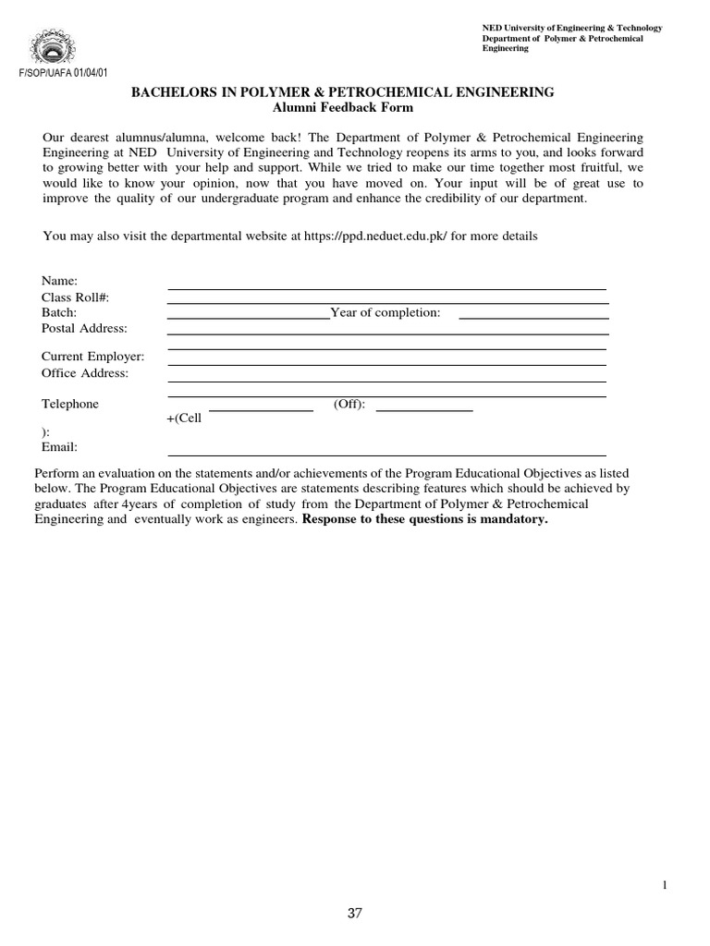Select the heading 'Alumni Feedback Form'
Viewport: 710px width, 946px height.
pyautogui.click(x=343, y=108)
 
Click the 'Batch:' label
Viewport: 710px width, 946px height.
pyautogui.click(x=59, y=312)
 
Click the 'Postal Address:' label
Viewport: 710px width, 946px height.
pyautogui.click(x=84, y=328)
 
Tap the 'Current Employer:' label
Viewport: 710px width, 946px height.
pyautogui.click(x=92, y=357)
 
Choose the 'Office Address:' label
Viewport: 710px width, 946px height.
pyautogui.click(x=85, y=373)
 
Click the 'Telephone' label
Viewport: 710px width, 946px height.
pyautogui.click(x=70, y=404)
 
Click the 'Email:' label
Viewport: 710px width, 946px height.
pyautogui.click(x=59, y=447)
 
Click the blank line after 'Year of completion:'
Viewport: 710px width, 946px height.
pyautogui.click(x=533, y=317)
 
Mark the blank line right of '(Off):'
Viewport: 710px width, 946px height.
pyautogui.click(x=424, y=408)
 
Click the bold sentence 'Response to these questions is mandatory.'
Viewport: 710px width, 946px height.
pyautogui.click(x=425, y=519)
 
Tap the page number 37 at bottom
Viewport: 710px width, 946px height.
pyautogui.click(x=355, y=914)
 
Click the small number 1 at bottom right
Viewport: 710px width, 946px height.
pyautogui.click(x=664, y=885)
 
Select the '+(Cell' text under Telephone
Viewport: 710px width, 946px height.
pyautogui.click(x=183, y=418)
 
